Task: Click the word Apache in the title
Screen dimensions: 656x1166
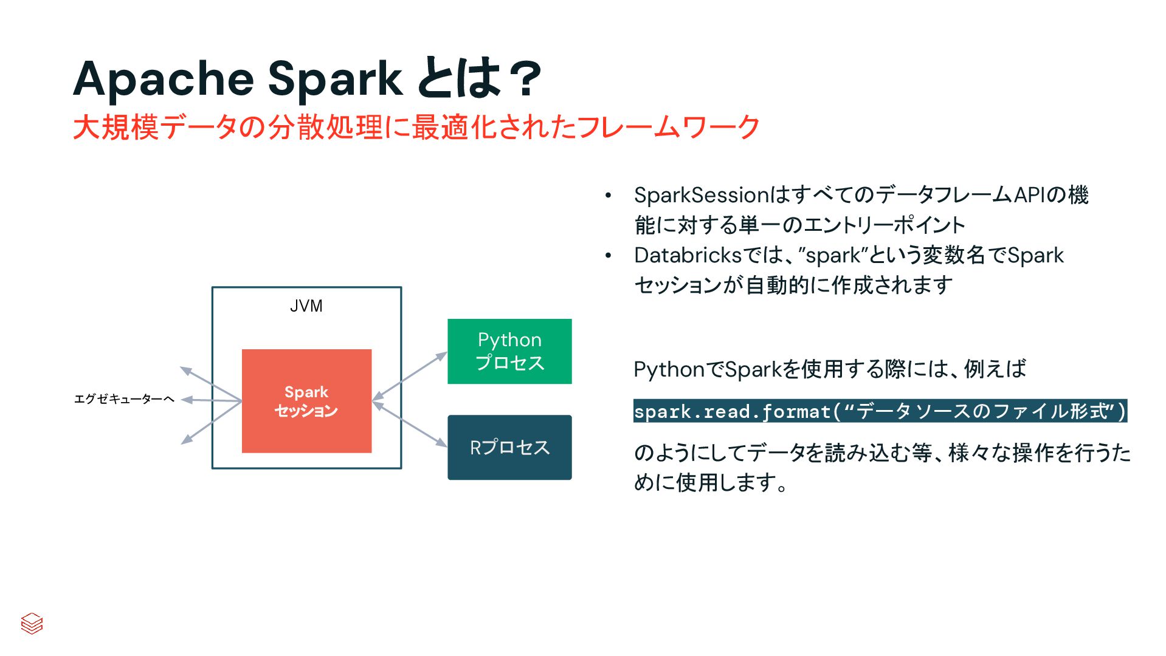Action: (163, 80)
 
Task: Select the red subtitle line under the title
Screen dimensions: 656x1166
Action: (416, 128)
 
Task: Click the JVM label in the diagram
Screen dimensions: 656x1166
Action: (306, 306)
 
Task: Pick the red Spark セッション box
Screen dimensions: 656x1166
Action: (306, 401)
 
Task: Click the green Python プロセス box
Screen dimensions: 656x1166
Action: (509, 351)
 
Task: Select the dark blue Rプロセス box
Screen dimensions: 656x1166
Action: (509, 448)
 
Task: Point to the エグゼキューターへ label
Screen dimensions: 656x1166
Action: (124, 399)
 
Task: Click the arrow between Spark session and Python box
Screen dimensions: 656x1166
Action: (409, 376)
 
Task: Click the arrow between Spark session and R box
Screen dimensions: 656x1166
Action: (409, 424)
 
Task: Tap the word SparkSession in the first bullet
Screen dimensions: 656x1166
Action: (702, 196)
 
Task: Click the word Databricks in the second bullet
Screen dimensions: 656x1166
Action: (688, 255)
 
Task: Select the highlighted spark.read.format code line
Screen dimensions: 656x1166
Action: (880, 411)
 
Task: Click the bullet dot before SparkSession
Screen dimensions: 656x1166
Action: (607, 196)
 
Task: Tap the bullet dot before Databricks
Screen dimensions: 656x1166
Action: (607, 256)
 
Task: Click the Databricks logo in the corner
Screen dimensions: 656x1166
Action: (32, 623)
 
